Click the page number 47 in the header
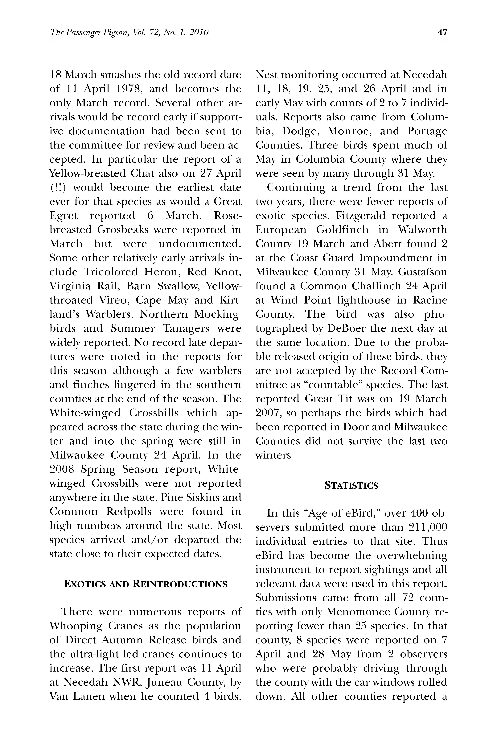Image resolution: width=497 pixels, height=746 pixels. coord(442,32)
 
